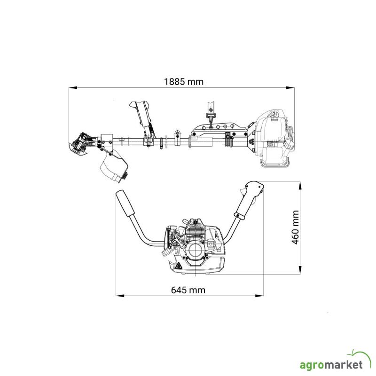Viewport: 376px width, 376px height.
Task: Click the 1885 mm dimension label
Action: point(184,82)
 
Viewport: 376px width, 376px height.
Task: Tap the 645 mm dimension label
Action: point(188,290)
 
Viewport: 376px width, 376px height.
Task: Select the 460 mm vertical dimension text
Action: point(295,227)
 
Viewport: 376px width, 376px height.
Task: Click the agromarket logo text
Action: point(331,365)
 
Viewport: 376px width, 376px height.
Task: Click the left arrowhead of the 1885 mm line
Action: point(73,88)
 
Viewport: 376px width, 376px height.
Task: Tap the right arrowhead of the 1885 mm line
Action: point(290,88)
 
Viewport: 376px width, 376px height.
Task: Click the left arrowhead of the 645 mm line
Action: point(120,296)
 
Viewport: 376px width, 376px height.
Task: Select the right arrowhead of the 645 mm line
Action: point(259,296)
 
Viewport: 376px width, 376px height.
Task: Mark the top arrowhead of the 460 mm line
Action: point(300,186)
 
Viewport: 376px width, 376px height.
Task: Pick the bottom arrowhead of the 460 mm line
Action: point(300,270)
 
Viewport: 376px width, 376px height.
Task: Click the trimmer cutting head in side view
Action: point(81,144)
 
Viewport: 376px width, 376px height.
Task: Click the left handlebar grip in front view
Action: point(125,204)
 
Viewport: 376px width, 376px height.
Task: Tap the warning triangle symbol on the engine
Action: point(178,266)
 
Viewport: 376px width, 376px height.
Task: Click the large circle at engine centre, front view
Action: point(196,250)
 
